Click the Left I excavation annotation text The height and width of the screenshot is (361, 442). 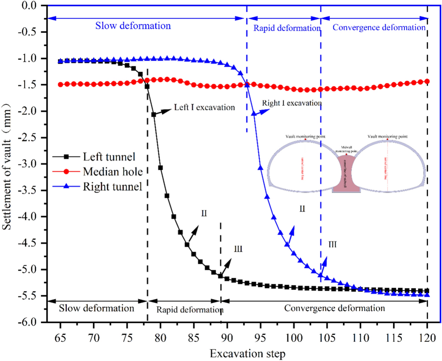click(204, 107)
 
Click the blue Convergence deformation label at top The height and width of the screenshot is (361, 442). click(379, 28)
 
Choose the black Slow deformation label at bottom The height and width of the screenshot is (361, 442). click(96, 309)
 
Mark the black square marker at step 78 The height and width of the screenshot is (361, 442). click(147, 86)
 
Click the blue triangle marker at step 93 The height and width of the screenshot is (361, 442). click(247, 85)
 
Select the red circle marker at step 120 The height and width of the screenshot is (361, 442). click(427, 81)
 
